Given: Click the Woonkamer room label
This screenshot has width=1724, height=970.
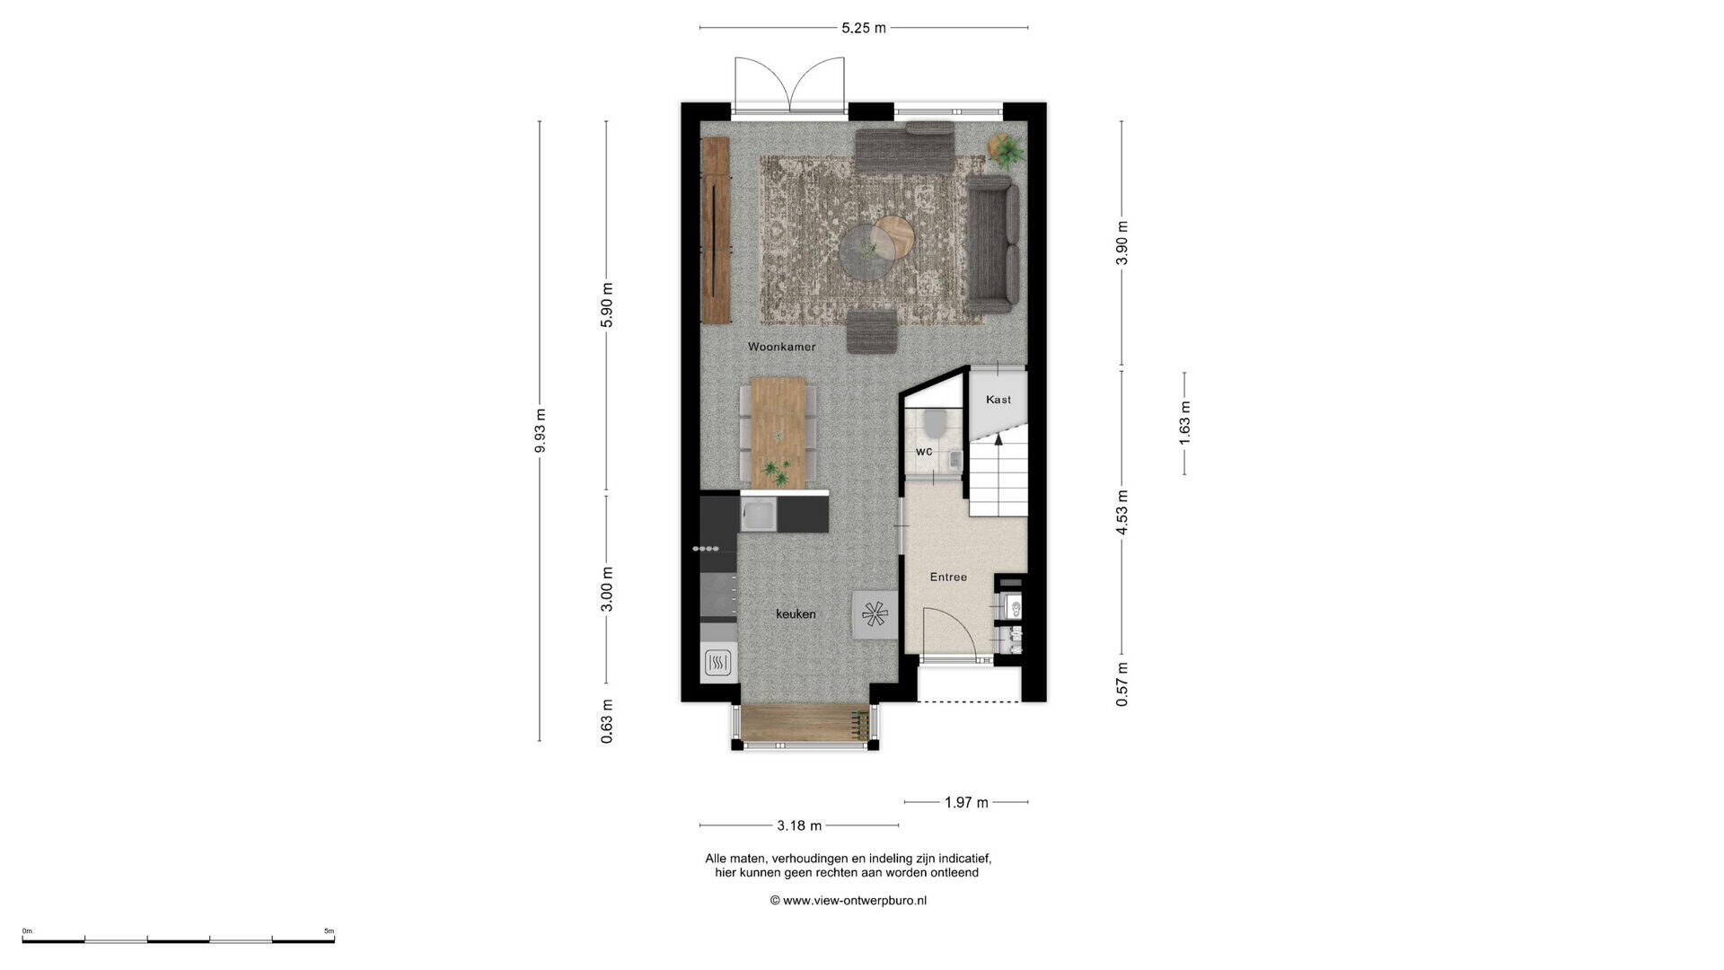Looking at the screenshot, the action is click(781, 346).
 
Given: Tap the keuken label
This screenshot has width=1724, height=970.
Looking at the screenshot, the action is click(796, 614).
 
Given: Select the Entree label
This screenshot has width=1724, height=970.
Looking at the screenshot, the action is click(948, 577).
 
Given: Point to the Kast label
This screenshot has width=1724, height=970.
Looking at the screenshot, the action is click(998, 400).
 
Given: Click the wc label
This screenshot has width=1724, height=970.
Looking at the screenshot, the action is click(924, 451).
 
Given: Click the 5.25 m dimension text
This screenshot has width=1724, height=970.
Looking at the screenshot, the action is click(864, 28).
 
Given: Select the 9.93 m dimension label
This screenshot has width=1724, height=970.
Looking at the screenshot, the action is click(540, 432).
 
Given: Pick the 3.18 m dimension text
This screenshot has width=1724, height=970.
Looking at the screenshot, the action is click(799, 825).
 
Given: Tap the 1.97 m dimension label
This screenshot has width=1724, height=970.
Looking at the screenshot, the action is click(966, 802).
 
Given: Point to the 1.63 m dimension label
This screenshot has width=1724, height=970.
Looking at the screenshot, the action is click(1184, 422).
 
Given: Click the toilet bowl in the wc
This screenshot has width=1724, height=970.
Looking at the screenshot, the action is click(935, 419).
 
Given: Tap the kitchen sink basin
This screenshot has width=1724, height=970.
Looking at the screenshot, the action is click(758, 516).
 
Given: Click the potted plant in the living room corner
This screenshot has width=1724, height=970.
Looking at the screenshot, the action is click(1005, 150).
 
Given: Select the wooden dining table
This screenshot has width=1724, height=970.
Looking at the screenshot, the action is click(778, 433).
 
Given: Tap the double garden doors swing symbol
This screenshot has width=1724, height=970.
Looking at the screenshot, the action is click(790, 85).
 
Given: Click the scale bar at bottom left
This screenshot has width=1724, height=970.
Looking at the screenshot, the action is click(179, 939).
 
